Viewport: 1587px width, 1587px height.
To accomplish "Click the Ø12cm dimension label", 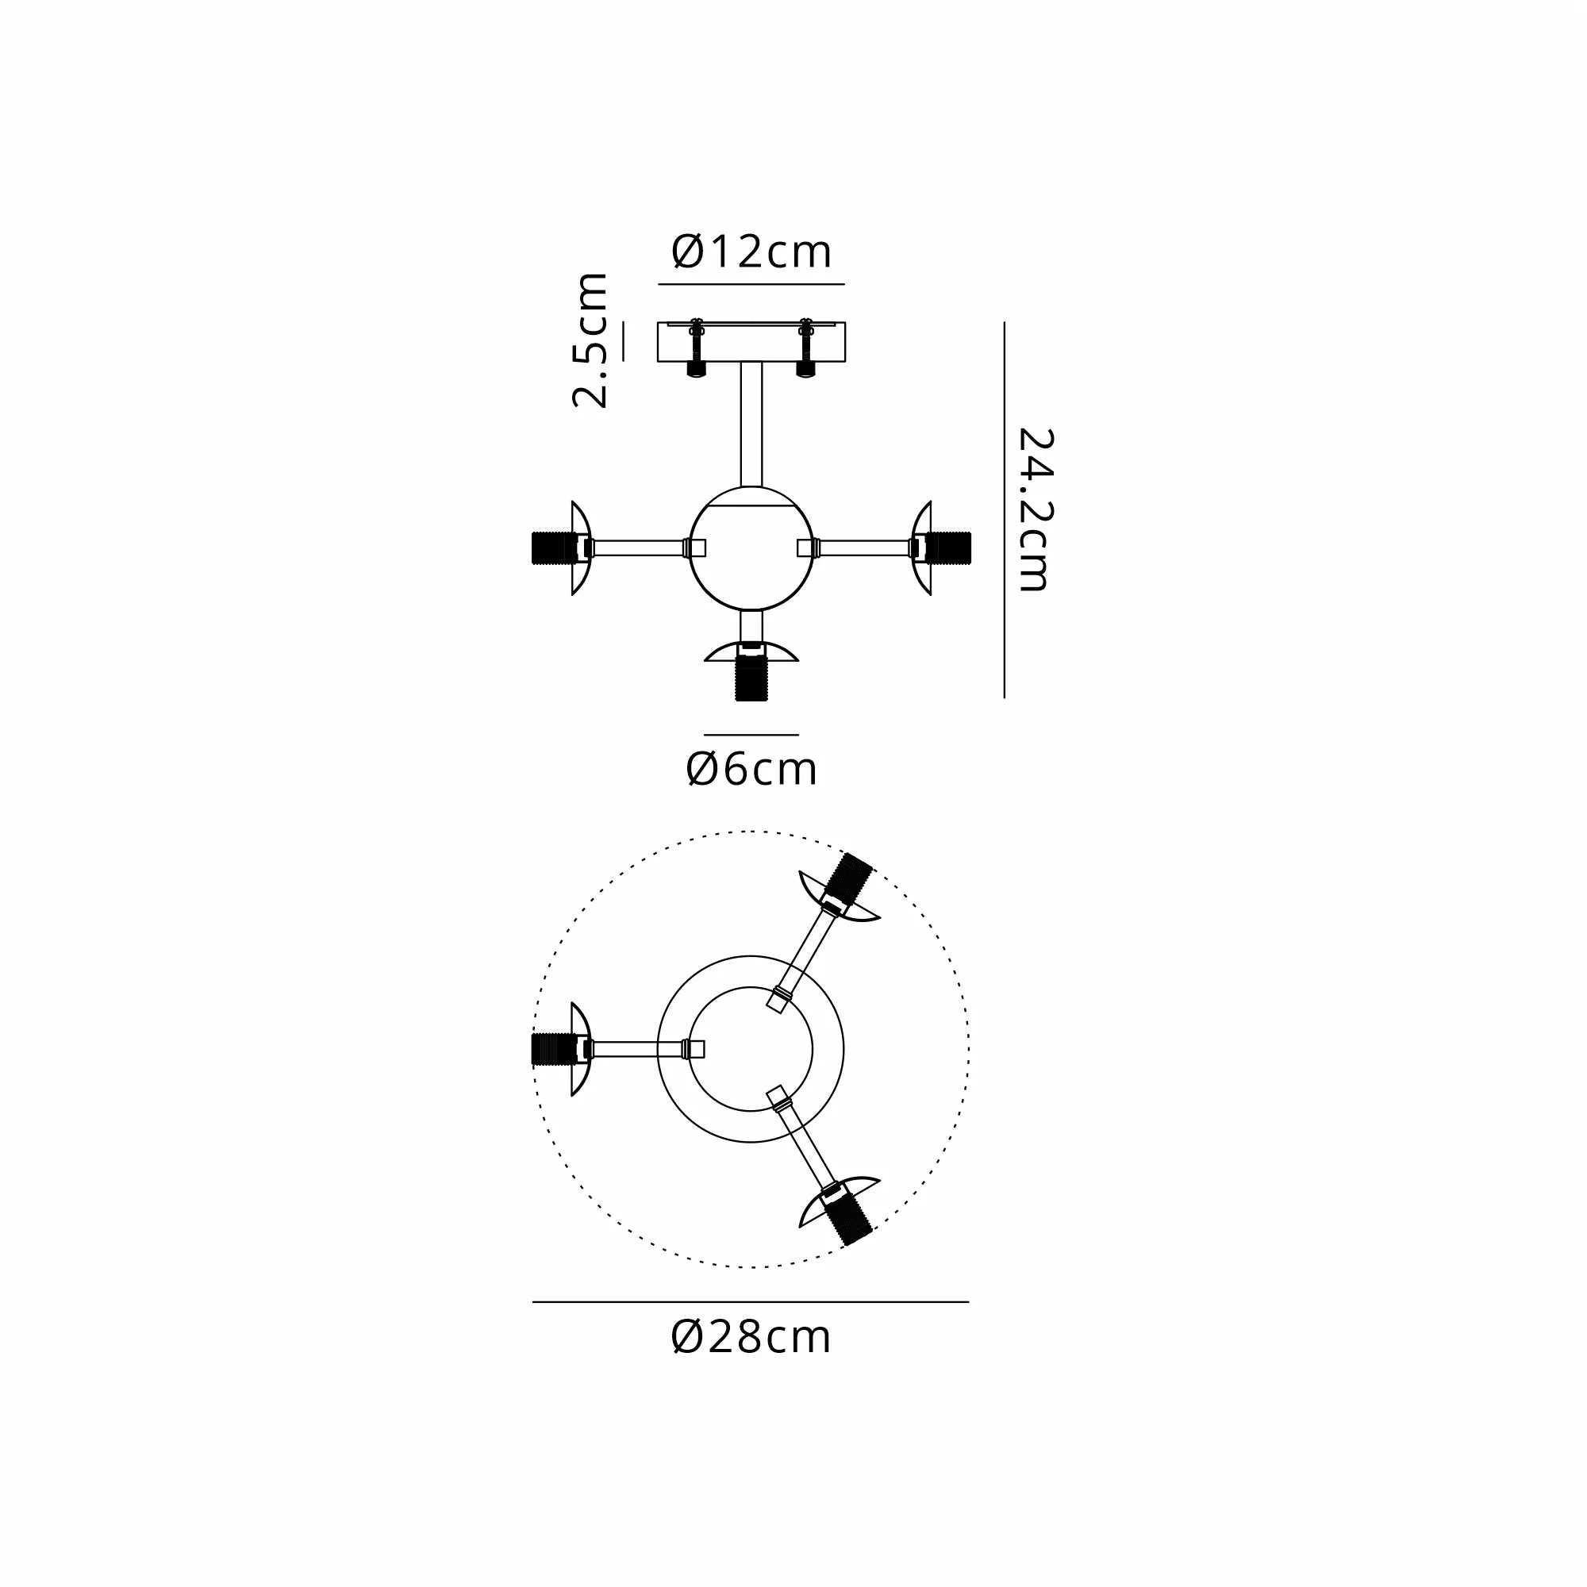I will [751, 252].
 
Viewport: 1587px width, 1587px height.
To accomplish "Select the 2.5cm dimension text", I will [591, 340].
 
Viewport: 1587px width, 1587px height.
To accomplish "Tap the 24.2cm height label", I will [1033, 509].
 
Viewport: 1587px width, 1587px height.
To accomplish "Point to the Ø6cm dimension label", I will [751, 770].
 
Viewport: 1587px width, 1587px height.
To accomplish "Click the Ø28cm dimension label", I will [751, 1337].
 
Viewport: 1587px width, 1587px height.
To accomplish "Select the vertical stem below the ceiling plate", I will [751, 423].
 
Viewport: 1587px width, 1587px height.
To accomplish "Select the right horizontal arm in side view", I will [863, 548].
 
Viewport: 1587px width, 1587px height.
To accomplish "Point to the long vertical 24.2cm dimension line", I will [1004, 509].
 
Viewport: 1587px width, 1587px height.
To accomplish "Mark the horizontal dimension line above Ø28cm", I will [751, 1302].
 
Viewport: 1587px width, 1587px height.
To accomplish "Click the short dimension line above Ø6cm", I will [751, 734].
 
